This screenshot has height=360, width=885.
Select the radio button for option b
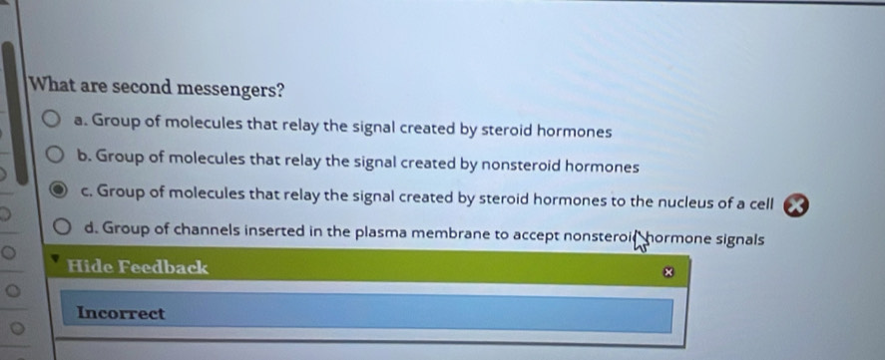click(x=55, y=157)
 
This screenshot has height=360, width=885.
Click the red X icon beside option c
click(x=796, y=203)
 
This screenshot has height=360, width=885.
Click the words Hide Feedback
click(x=138, y=267)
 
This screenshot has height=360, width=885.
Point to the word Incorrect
click(x=121, y=313)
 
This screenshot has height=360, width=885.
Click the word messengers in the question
click(x=226, y=89)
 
